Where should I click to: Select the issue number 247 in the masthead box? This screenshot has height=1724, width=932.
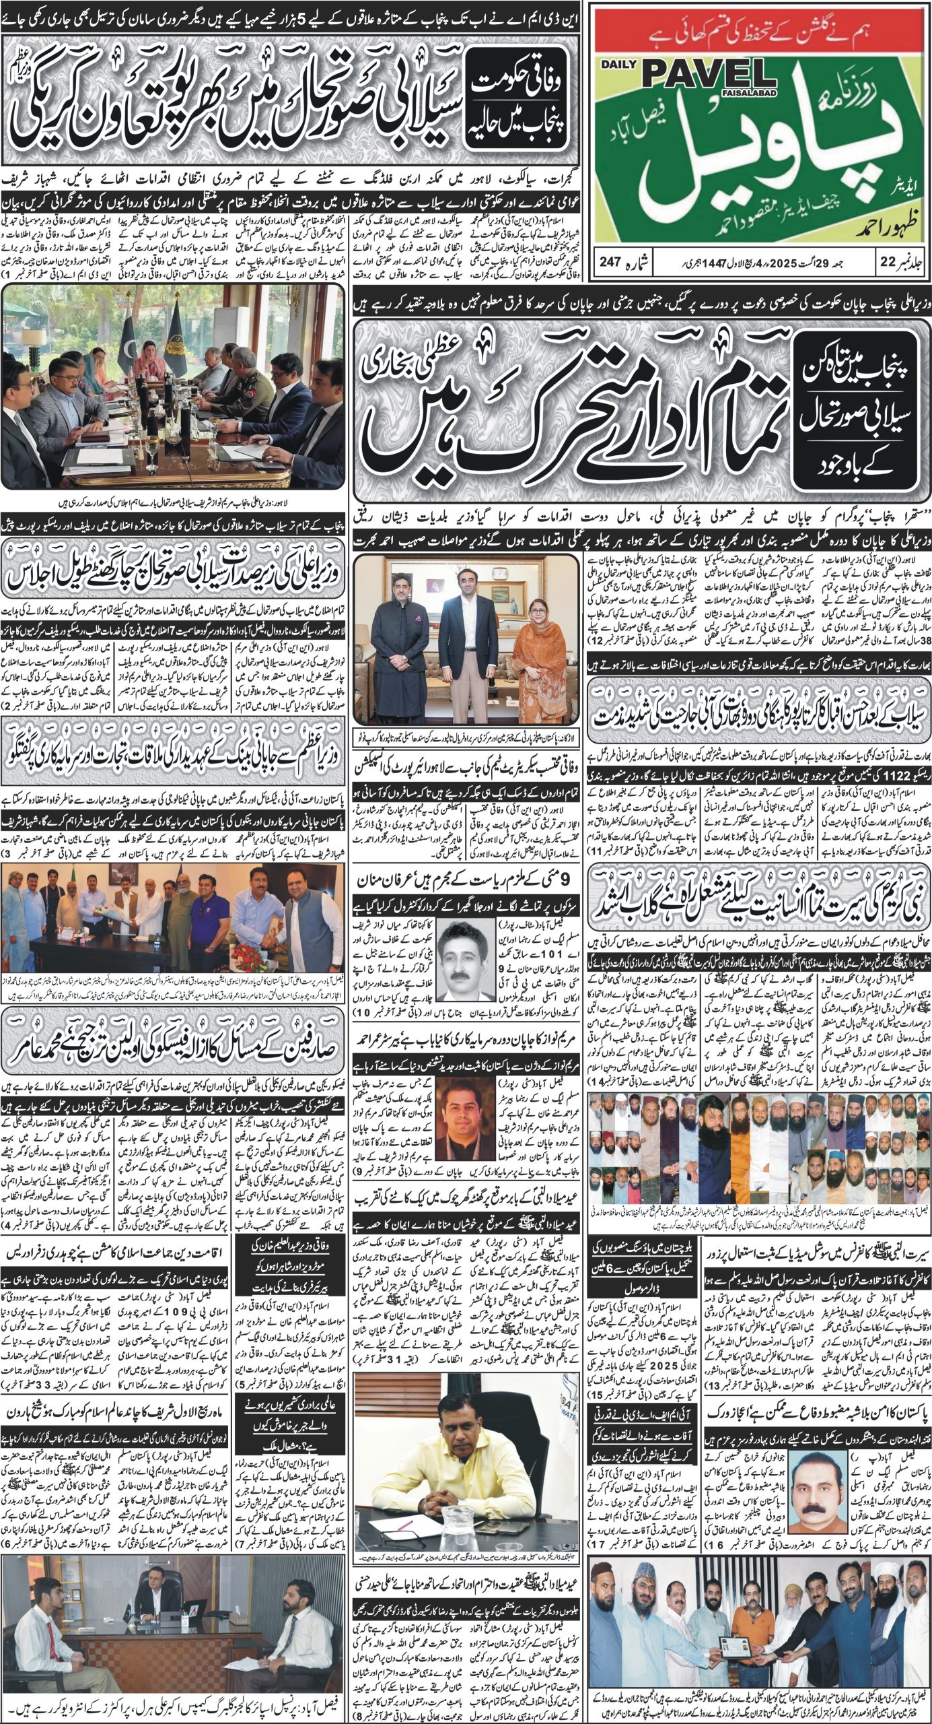613,261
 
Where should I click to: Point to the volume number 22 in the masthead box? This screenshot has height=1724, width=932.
886,261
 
